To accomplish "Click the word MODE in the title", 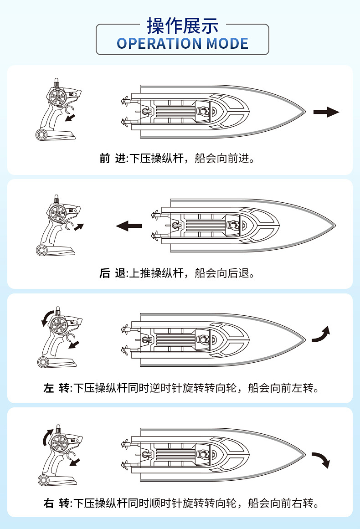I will tap(227, 44).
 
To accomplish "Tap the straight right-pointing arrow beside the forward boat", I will tap(326, 112).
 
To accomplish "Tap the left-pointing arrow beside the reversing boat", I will tap(129, 226).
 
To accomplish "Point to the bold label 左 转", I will tap(56, 388).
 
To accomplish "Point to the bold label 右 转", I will tap(56, 503).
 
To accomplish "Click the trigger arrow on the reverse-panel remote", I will tap(79, 227).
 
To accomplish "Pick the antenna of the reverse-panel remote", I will tap(57, 199).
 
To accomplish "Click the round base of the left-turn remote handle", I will tap(42, 362).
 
